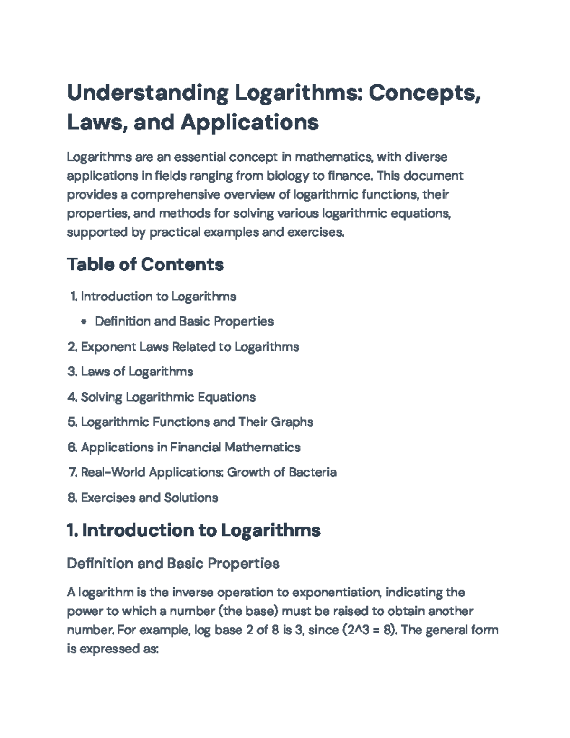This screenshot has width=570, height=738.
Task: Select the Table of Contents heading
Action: pyautogui.click(x=145, y=264)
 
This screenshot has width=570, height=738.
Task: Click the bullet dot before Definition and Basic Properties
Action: pyautogui.click(x=84, y=322)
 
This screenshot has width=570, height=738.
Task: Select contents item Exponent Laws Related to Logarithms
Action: pyautogui.click(x=190, y=346)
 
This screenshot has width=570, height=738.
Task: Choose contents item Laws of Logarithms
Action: pyautogui.click(x=137, y=372)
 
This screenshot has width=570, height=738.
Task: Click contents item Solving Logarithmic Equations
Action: pyautogui.click(x=168, y=397)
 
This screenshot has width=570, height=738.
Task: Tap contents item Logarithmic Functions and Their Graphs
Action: pyautogui.click(x=197, y=422)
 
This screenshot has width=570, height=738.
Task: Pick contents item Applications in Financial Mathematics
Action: pyautogui.click(x=190, y=447)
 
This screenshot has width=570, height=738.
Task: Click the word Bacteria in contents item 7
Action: pyautogui.click(x=312, y=472)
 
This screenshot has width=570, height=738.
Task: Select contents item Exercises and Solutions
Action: pyautogui.click(x=149, y=498)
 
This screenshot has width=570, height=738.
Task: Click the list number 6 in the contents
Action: pyautogui.click(x=72, y=447)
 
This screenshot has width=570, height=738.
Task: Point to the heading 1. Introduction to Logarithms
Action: pyautogui.click(x=194, y=530)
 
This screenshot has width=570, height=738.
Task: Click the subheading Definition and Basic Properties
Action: pyautogui.click(x=173, y=564)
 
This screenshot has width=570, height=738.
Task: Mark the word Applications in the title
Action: pyautogui.click(x=249, y=123)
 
